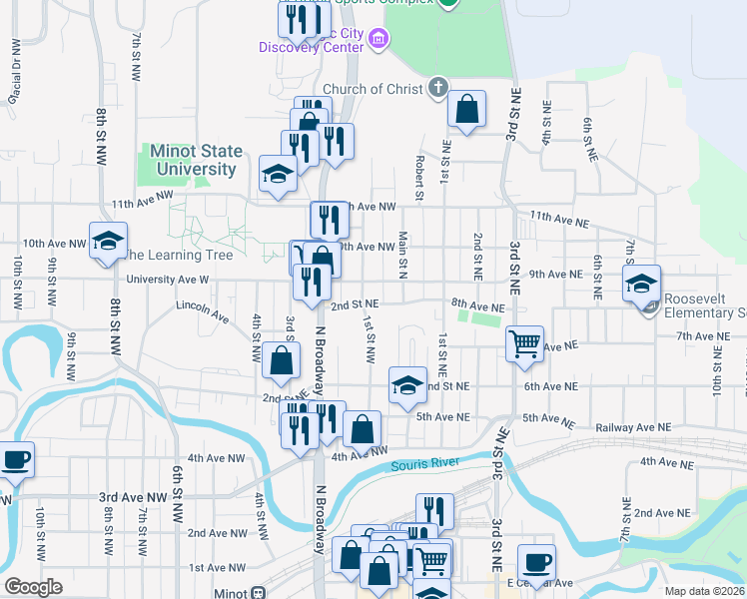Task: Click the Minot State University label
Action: point(196,160)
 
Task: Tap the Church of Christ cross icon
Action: point(437,88)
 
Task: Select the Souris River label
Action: point(424,462)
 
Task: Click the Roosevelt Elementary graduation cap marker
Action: point(641,285)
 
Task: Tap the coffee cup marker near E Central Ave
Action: point(536,563)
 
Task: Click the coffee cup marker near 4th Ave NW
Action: point(15,460)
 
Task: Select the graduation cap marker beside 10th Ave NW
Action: point(108,241)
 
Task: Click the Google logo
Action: point(33,587)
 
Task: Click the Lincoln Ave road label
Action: point(203,310)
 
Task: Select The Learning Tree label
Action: point(178,256)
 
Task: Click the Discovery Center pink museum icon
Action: point(378,40)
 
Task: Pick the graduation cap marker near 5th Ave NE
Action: point(407,386)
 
